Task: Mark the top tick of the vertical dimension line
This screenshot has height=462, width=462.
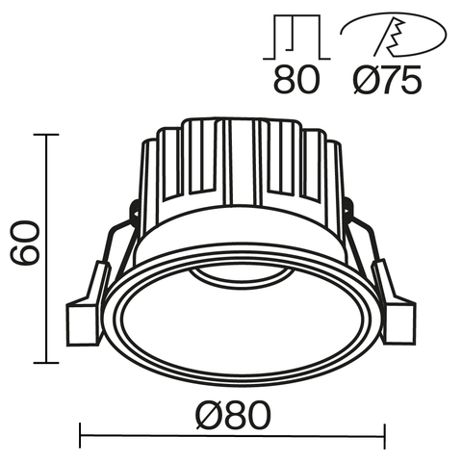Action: point(44,136)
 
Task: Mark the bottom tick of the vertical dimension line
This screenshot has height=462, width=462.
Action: point(44,363)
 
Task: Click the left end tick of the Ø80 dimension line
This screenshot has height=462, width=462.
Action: point(79,435)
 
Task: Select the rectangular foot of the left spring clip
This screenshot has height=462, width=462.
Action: point(84,321)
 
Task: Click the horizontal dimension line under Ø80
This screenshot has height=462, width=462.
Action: point(232,435)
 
